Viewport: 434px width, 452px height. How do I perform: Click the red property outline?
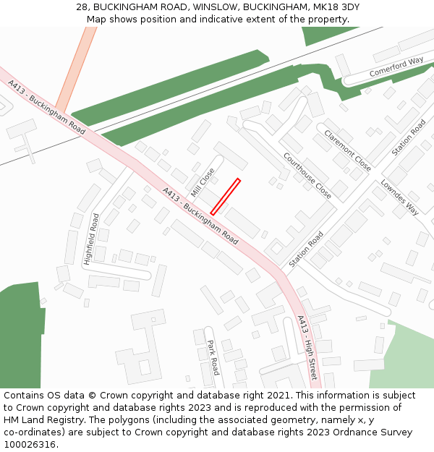225,196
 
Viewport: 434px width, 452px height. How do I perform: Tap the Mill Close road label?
203,183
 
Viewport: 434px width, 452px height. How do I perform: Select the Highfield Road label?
92,239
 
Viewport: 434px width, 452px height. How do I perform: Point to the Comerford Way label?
396,67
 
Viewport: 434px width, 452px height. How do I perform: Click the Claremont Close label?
348,150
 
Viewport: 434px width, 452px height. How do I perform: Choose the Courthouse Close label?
307,176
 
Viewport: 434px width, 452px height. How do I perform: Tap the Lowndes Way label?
400,197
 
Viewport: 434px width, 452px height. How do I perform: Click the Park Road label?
213,358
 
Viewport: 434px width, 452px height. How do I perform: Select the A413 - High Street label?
307,348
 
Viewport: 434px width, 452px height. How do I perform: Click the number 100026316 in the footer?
30,444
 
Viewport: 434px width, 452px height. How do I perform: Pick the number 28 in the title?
82,7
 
